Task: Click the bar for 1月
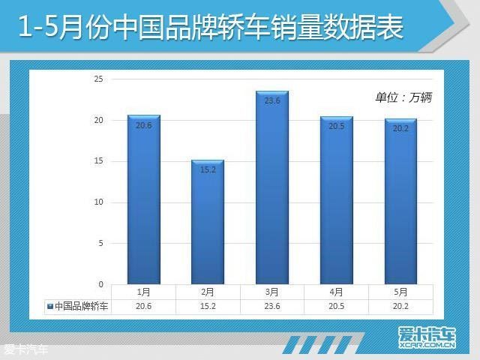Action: click(x=144, y=199)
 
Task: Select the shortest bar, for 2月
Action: click(x=208, y=222)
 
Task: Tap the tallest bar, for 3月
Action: click(x=272, y=187)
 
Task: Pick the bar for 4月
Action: click(x=337, y=200)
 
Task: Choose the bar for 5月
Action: click(x=400, y=202)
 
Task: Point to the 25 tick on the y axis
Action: click(x=98, y=79)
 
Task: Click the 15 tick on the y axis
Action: click(x=98, y=161)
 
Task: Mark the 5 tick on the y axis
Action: click(x=100, y=243)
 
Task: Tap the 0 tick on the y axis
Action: click(x=100, y=284)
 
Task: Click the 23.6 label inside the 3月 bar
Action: click(x=272, y=100)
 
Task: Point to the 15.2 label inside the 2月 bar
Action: click(x=208, y=169)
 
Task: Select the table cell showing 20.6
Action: click(x=143, y=306)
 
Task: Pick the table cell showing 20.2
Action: click(x=400, y=306)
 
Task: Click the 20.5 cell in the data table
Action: click(x=337, y=306)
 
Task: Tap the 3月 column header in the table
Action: click(x=272, y=292)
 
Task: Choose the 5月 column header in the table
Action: click(x=400, y=292)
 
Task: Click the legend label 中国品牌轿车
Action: click(x=82, y=306)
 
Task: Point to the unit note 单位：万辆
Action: click(x=403, y=97)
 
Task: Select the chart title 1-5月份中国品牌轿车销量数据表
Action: click(x=211, y=28)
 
